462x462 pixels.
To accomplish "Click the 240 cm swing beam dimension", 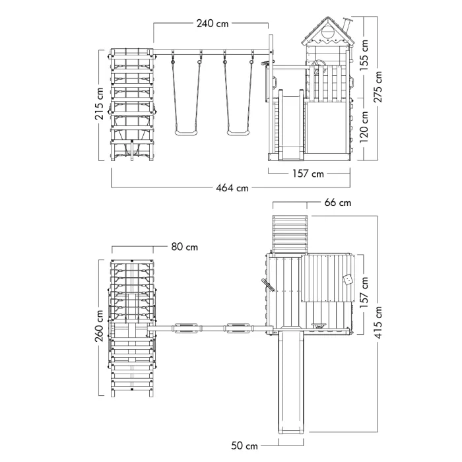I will click(x=213, y=24).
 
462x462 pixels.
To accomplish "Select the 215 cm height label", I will click(x=98, y=104).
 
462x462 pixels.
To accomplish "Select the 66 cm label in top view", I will click(x=337, y=203).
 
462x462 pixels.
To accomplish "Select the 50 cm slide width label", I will click(x=245, y=447).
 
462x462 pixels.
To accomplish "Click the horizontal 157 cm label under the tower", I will click(x=308, y=174).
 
